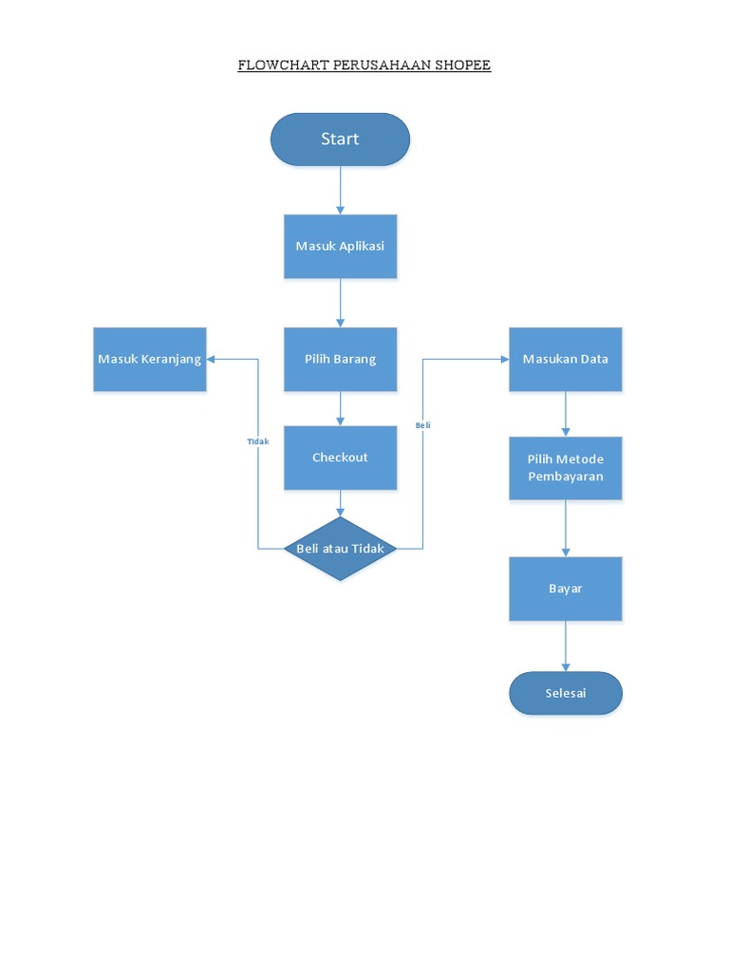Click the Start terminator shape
point(340,140)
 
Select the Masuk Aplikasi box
point(340,246)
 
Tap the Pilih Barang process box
point(340,359)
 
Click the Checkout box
point(340,458)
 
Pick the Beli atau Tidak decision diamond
point(340,549)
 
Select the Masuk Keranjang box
point(150,359)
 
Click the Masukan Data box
point(566,359)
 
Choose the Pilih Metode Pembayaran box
point(566,468)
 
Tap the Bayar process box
point(566,589)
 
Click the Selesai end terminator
point(566,693)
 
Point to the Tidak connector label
point(258,441)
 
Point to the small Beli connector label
point(422,425)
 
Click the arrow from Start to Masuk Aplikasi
point(340,190)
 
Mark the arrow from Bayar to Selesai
point(566,646)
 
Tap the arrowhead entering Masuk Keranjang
point(213,359)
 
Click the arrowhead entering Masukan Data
point(503,359)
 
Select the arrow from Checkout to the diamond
point(340,503)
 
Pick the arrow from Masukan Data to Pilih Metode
point(566,413)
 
